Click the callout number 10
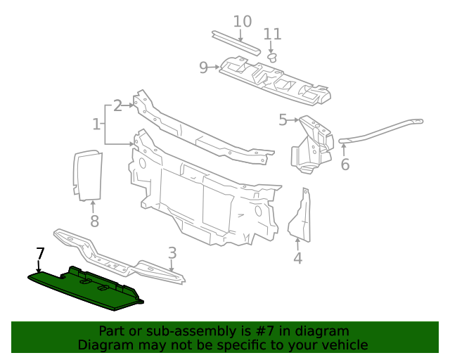pos(242,21)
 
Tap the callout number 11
pos(272,34)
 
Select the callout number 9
pos(203,67)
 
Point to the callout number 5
pos(283,120)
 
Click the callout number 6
pos(345,165)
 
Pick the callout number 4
pos(297,258)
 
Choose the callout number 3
pos(172,253)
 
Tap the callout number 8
pos(94,221)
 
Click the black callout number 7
pos(40,253)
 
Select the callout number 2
pos(117,105)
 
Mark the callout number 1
pos(96,124)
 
